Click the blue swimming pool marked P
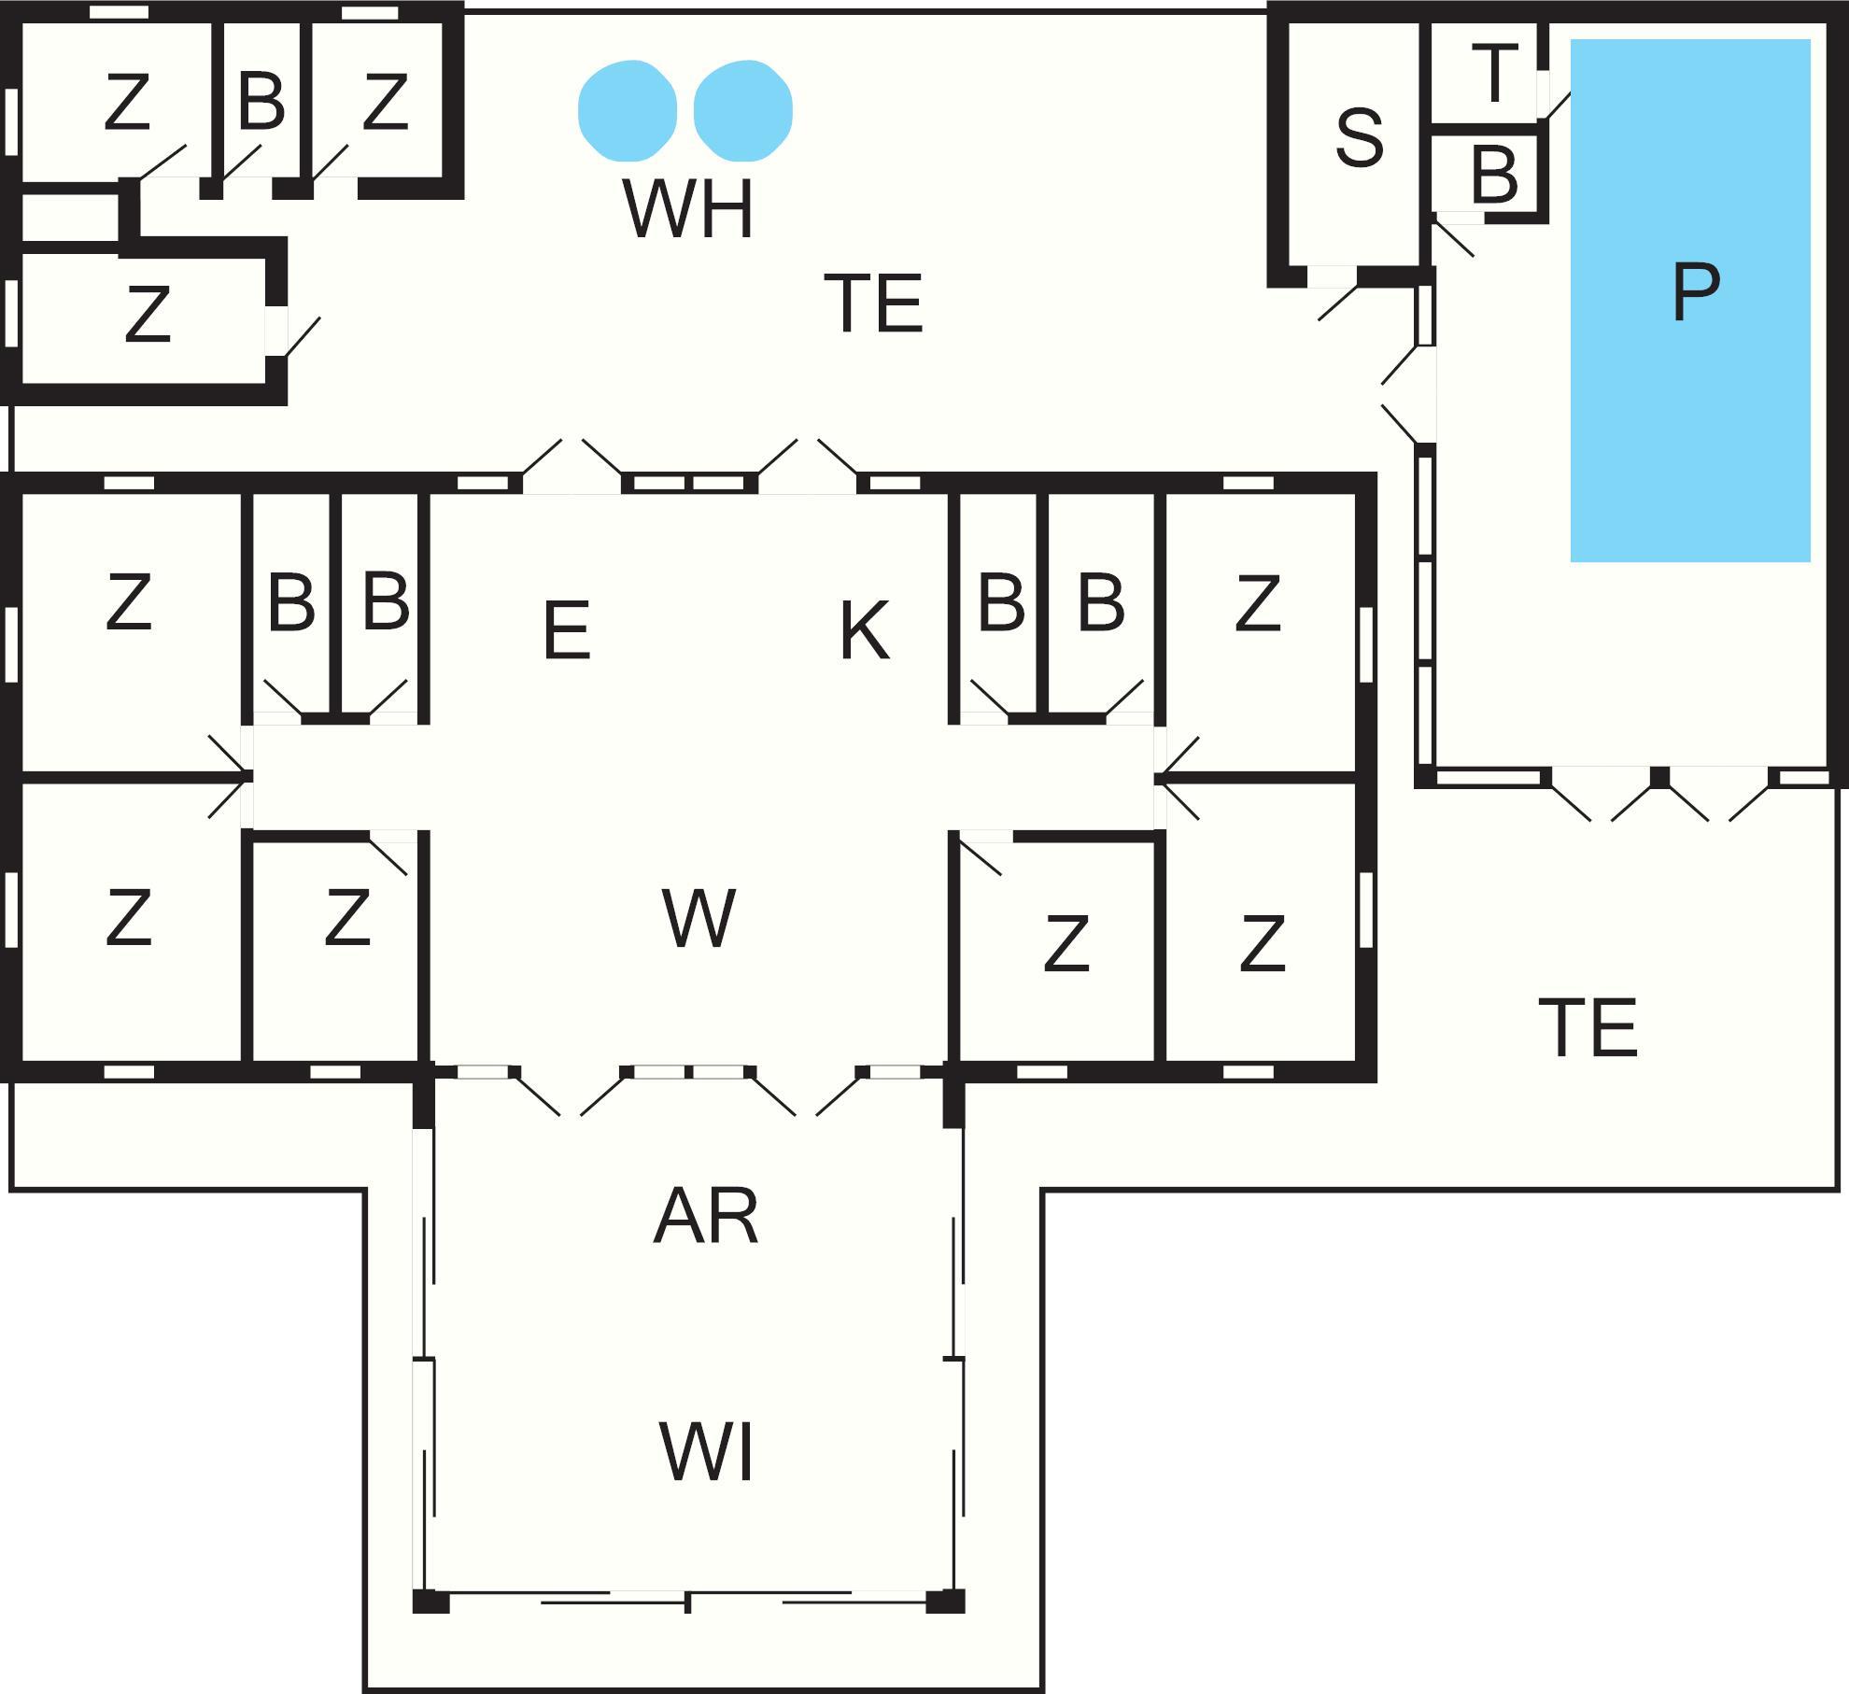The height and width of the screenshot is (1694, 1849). tap(1690, 299)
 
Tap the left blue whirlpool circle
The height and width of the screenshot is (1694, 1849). tap(627, 109)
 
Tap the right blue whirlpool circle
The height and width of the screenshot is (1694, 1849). tap(743, 109)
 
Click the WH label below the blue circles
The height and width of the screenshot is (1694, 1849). tap(688, 210)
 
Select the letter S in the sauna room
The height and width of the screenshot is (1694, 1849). tap(1359, 138)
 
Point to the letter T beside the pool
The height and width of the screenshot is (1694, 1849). tap(1495, 72)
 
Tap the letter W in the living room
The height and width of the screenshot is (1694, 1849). tap(699, 919)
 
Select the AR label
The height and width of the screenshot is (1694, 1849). tap(705, 1217)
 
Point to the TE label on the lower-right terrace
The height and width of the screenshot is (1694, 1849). tap(1588, 1028)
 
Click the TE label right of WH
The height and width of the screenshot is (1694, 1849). tap(873, 304)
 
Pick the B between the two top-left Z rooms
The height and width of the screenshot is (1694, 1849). tap(261, 101)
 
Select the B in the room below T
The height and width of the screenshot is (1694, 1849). tap(1493, 175)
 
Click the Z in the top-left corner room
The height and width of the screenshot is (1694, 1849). tap(127, 103)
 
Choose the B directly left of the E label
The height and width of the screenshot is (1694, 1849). tap(386, 602)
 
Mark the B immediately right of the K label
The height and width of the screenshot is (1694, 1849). tap(1001, 602)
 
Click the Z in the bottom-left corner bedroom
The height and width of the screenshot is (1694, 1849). tap(128, 919)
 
